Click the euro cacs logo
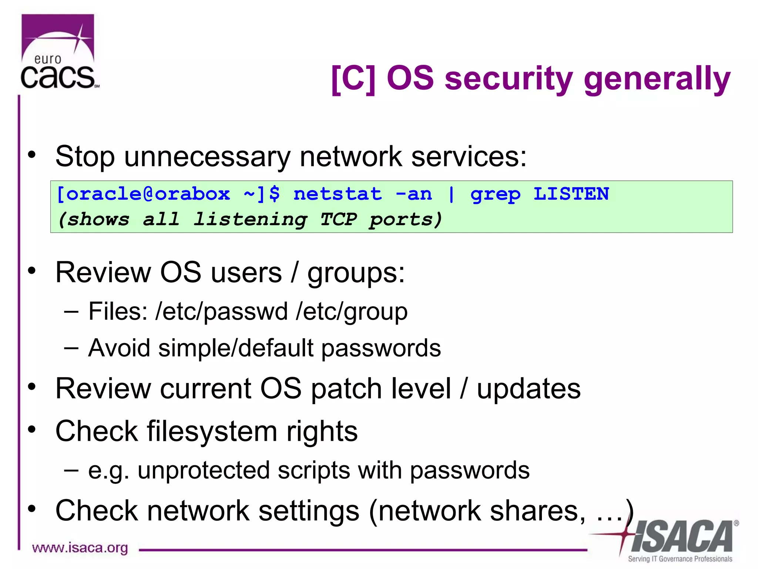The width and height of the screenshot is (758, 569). (x=58, y=52)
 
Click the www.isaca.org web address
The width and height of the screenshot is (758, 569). (x=80, y=548)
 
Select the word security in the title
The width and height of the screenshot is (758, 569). (x=509, y=79)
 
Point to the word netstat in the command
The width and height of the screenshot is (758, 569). (x=338, y=194)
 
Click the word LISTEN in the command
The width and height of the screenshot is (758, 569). (x=571, y=194)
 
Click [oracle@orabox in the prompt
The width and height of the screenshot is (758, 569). (x=144, y=194)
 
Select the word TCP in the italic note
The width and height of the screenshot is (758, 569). (x=338, y=219)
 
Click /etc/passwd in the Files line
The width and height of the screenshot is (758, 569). (x=221, y=311)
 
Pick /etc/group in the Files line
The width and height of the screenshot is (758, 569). (x=352, y=312)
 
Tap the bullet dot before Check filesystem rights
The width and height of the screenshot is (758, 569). (x=32, y=429)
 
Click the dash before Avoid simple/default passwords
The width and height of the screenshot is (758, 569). (x=71, y=347)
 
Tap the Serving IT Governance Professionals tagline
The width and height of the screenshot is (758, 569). (x=680, y=559)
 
